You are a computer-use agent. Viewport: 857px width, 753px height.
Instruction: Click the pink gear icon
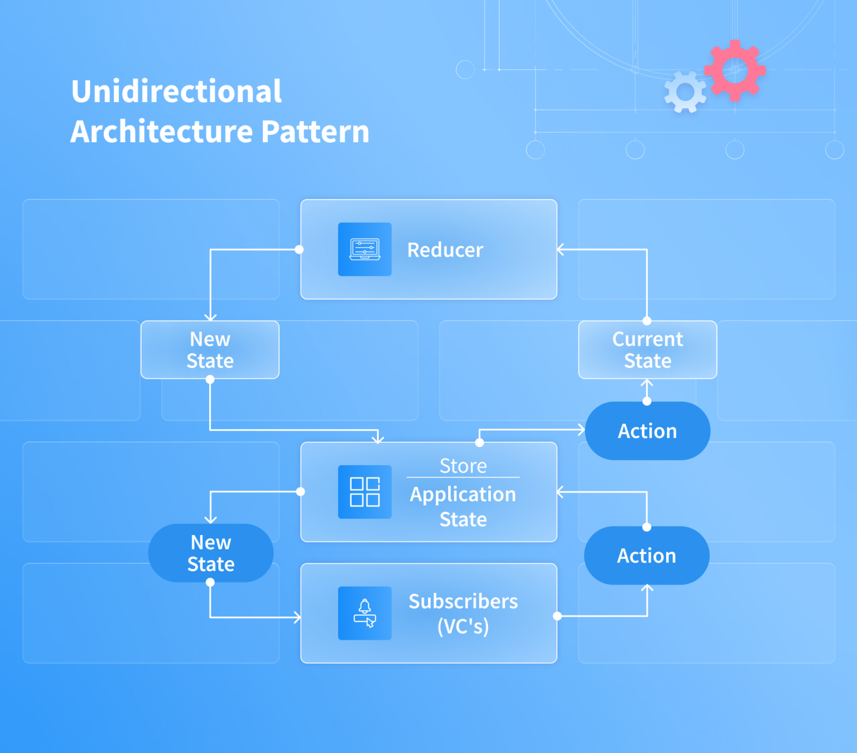735,70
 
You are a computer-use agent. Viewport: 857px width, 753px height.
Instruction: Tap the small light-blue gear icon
685,93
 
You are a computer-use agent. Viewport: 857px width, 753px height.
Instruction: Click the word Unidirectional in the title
176,91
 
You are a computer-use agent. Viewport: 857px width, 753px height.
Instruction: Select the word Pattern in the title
315,132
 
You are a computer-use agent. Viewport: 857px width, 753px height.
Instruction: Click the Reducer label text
445,250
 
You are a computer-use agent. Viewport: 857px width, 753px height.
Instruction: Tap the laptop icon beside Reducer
365,249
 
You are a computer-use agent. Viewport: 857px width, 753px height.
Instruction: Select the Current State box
647,350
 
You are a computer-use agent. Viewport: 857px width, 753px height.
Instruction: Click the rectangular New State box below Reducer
210,350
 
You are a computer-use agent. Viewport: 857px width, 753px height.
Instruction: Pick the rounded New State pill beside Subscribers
210,553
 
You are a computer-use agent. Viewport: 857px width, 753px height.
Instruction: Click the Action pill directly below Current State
647,431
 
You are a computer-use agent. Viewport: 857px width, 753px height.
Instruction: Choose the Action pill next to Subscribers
646,556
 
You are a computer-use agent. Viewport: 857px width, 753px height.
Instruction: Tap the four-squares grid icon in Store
365,492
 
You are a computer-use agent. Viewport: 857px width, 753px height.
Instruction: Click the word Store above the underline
463,466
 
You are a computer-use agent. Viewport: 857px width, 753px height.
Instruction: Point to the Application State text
463,506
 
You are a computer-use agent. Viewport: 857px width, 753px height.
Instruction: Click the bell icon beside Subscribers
365,613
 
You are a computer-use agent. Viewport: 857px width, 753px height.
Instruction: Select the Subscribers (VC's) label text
463,613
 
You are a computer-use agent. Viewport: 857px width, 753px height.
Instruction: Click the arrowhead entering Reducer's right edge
560,250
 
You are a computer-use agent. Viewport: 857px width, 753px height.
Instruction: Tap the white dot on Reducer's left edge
299,249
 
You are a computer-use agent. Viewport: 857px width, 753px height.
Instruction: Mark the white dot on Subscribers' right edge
557,616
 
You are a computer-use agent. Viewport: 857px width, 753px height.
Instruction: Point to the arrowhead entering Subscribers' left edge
297,617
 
